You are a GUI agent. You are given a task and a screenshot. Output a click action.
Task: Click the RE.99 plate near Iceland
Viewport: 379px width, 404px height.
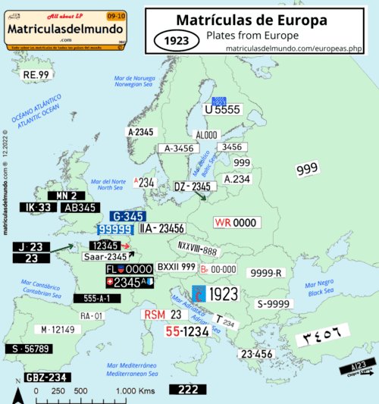pos(36,74)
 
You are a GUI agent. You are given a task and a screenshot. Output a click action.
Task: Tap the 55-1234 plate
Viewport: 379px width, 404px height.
pos(186,331)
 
